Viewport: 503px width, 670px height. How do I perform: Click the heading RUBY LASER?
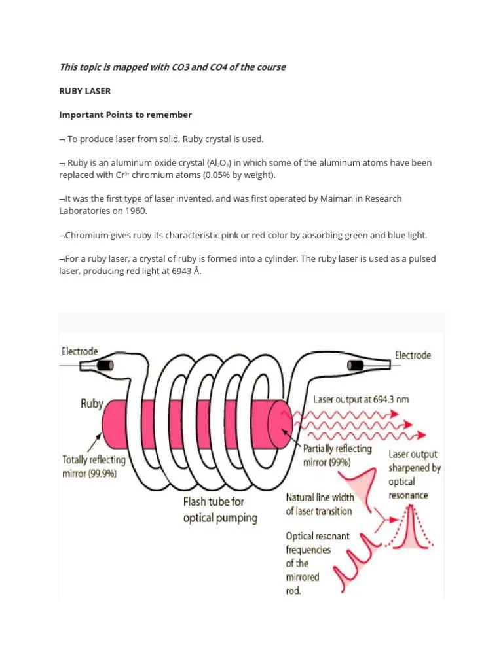coord(85,91)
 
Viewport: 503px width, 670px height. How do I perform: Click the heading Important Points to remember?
coord(125,115)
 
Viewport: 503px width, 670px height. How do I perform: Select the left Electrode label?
coord(79,351)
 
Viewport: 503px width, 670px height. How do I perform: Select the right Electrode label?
coord(413,355)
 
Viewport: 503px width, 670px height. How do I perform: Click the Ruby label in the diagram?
coord(92,404)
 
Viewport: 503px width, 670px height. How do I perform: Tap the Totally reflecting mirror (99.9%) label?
coord(94,467)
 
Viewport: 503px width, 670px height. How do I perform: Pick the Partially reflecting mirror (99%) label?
coord(337,455)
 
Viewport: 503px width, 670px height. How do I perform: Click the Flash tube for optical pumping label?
coord(219,510)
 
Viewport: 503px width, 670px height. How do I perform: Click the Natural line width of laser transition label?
coord(320,504)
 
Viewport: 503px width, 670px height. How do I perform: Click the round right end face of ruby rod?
coord(280,425)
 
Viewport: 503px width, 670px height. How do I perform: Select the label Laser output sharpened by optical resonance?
coord(413,474)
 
